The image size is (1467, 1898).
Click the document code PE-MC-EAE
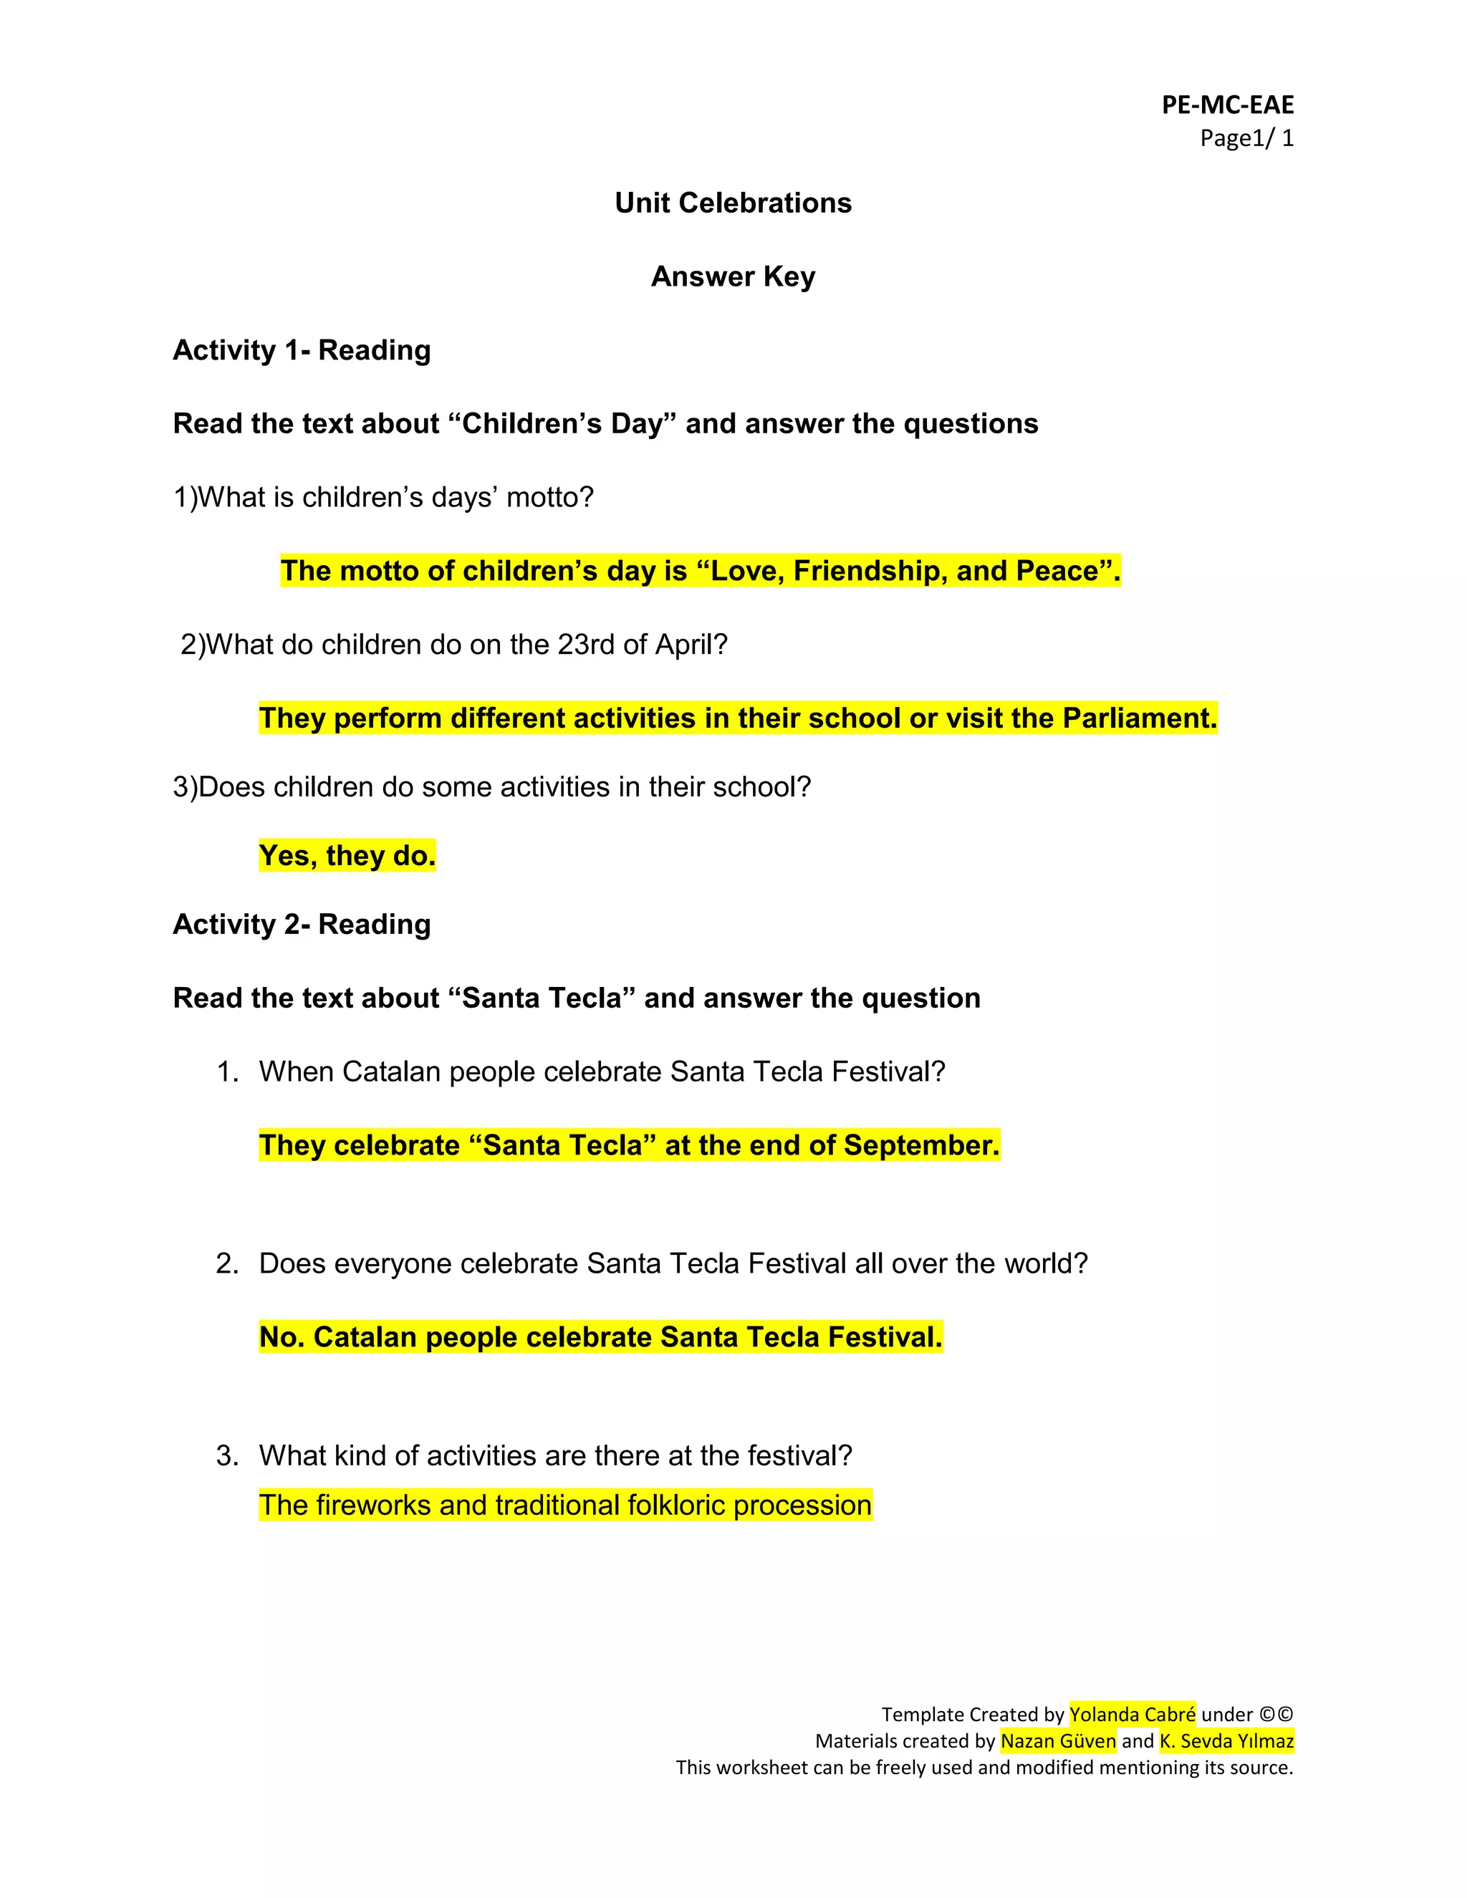click(1227, 105)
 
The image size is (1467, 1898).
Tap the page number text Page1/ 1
click(1246, 138)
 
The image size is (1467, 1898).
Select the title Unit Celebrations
click(733, 203)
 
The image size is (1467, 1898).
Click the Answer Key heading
click(733, 276)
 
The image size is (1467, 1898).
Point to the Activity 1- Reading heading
click(302, 350)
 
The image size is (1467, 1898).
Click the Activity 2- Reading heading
click(302, 924)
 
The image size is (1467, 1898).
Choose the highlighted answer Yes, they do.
click(347, 856)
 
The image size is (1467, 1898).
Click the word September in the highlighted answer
click(920, 1145)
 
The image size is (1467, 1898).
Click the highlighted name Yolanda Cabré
click(1132, 1715)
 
